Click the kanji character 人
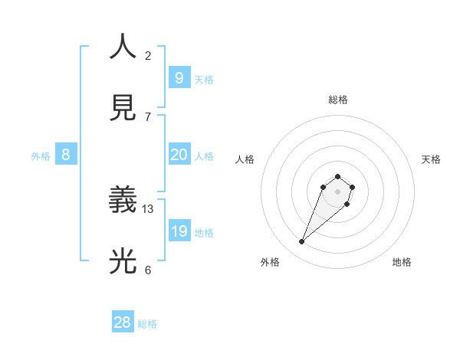pyautogui.click(x=123, y=47)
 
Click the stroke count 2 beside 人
pyautogui.click(x=148, y=55)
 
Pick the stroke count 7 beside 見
pyautogui.click(x=148, y=116)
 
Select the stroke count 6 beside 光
pyautogui.click(x=148, y=270)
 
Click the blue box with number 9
pyautogui.click(x=179, y=77)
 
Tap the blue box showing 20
pyautogui.click(x=179, y=155)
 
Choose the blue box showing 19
pyautogui.click(x=179, y=231)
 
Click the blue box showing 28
pyautogui.click(x=122, y=322)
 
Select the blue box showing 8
pyautogui.click(x=65, y=155)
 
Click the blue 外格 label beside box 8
pyautogui.click(x=41, y=156)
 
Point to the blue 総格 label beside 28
pyautogui.click(x=147, y=324)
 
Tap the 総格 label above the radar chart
pyautogui.click(x=338, y=100)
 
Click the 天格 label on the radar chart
pyautogui.click(x=431, y=159)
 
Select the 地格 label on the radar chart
pyautogui.click(x=402, y=262)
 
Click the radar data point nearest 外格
pyautogui.click(x=302, y=242)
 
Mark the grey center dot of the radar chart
pyautogui.click(x=338, y=191)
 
